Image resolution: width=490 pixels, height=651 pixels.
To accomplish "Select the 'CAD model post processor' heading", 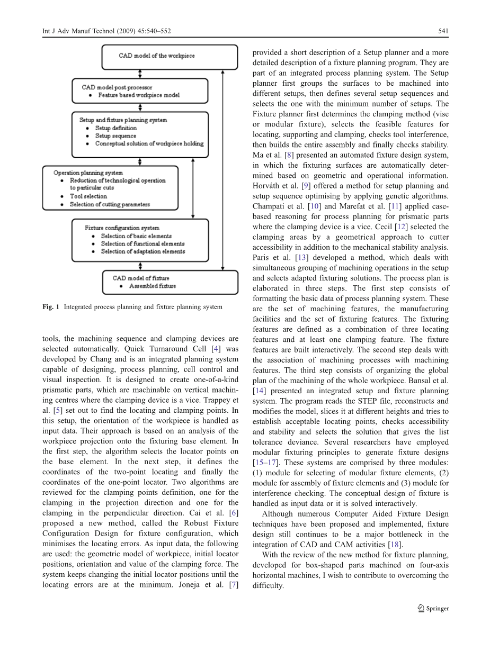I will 117,87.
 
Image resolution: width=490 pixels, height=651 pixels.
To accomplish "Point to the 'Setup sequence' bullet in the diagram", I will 115,136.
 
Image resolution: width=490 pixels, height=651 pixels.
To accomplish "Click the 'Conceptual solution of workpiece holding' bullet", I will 149,143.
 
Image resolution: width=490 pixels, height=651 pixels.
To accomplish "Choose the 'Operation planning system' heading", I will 88,173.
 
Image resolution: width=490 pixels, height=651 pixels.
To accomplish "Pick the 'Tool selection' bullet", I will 88,196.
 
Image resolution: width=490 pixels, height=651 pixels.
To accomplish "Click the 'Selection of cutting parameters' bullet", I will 110,204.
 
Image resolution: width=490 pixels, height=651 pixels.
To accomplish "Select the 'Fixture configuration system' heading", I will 122,228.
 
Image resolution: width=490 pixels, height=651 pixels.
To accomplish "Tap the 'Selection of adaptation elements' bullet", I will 143,251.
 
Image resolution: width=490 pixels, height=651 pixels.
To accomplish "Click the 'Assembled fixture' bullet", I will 153,286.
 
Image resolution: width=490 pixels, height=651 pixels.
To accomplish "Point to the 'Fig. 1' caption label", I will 51,307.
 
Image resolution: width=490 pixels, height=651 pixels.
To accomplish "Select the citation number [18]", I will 395,545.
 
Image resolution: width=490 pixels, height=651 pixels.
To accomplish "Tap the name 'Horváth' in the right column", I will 268,186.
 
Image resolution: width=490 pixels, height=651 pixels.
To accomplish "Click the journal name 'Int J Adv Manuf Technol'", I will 76,31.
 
